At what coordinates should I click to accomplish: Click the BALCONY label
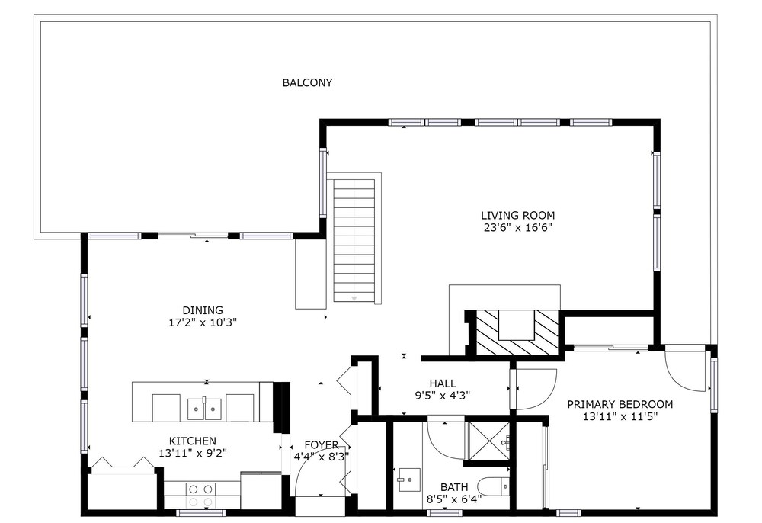tap(307, 82)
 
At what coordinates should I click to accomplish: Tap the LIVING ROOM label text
tap(517, 215)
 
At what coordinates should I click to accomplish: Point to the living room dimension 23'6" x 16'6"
tap(517, 227)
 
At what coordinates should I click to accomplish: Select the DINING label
tap(203, 310)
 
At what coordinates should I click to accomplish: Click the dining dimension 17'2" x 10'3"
tap(203, 322)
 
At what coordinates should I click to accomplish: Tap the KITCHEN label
tap(193, 441)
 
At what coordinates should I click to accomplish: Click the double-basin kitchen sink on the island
tap(204, 409)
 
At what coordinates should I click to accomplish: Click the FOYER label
tap(322, 444)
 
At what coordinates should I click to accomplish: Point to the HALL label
tap(443, 383)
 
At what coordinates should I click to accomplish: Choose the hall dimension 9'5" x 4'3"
tap(443, 396)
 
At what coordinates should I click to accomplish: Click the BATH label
tap(454, 486)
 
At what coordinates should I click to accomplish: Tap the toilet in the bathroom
tap(493, 487)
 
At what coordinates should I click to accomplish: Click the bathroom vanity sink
tap(410, 480)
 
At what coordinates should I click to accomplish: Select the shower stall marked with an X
tap(488, 441)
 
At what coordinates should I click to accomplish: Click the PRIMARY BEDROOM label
tap(620, 404)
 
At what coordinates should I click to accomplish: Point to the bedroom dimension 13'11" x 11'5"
tap(620, 416)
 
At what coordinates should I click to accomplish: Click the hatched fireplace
tap(517, 333)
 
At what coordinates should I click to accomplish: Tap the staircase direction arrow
tap(354, 297)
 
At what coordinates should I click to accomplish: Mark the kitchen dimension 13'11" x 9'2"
tap(193, 453)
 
